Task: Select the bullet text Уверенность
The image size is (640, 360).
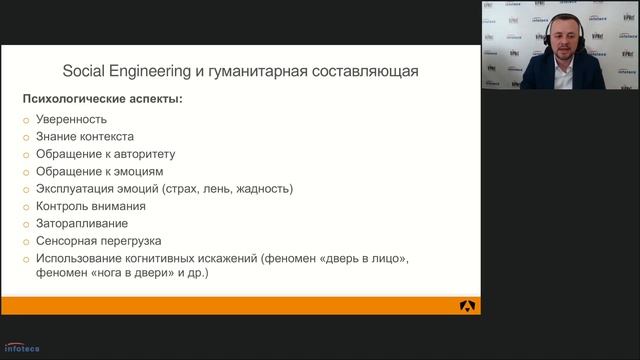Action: (x=70, y=119)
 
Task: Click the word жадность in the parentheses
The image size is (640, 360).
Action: (x=261, y=188)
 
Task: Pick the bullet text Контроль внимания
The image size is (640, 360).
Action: (x=89, y=205)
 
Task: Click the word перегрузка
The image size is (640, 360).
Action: (x=132, y=240)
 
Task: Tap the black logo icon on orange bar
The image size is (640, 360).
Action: (x=468, y=306)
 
